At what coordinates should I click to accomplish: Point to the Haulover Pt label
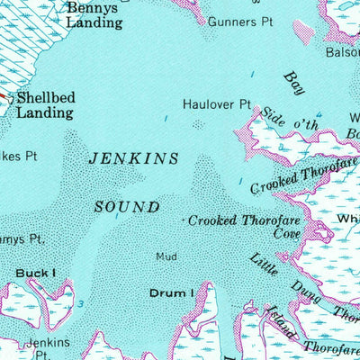216,104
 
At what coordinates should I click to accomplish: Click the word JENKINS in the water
134,158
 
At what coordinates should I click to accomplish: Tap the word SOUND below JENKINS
127,207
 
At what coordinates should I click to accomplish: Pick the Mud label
166,256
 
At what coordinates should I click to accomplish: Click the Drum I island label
171,292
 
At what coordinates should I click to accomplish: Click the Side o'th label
290,121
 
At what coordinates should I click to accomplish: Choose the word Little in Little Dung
265,264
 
